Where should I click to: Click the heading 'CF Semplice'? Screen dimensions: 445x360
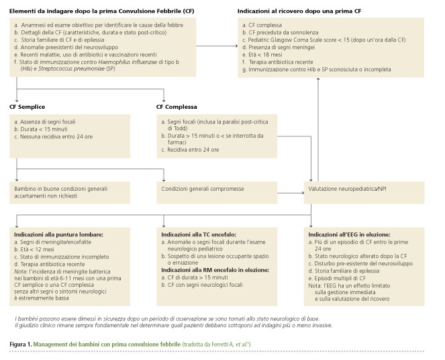pyautogui.click(x=28, y=107)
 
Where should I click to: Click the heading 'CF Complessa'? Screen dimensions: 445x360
pyautogui.click(x=177, y=107)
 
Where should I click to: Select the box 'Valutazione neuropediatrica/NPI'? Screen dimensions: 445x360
pyautogui.click(x=364, y=193)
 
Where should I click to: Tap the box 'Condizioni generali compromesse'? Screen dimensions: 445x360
pyautogui.click(x=217, y=193)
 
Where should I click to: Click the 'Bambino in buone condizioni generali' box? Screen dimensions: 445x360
pyautogui.click(x=70, y=193)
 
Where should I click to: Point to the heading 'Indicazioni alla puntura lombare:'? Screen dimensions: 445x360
pyautogui.click(x=59, y=235)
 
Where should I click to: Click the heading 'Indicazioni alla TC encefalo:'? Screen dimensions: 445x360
pyautogui.click(x=199, y=235)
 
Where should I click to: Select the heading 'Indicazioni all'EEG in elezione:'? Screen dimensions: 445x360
pyautogui.click(x=350, y=235)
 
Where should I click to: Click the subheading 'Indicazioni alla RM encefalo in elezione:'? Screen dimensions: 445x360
pyautogui.click(x=215, y=270)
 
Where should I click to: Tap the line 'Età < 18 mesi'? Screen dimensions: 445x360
pyautogui.click(x=262, y=55)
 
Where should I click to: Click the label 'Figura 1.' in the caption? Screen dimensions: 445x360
pyautogui.click(x=21, y=345)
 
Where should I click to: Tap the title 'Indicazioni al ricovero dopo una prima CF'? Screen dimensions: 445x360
pyautogui.click(x=299, y=11)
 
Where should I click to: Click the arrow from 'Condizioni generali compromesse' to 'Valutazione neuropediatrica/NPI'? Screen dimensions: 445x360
pyautogui.click(x=291, y=193)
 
